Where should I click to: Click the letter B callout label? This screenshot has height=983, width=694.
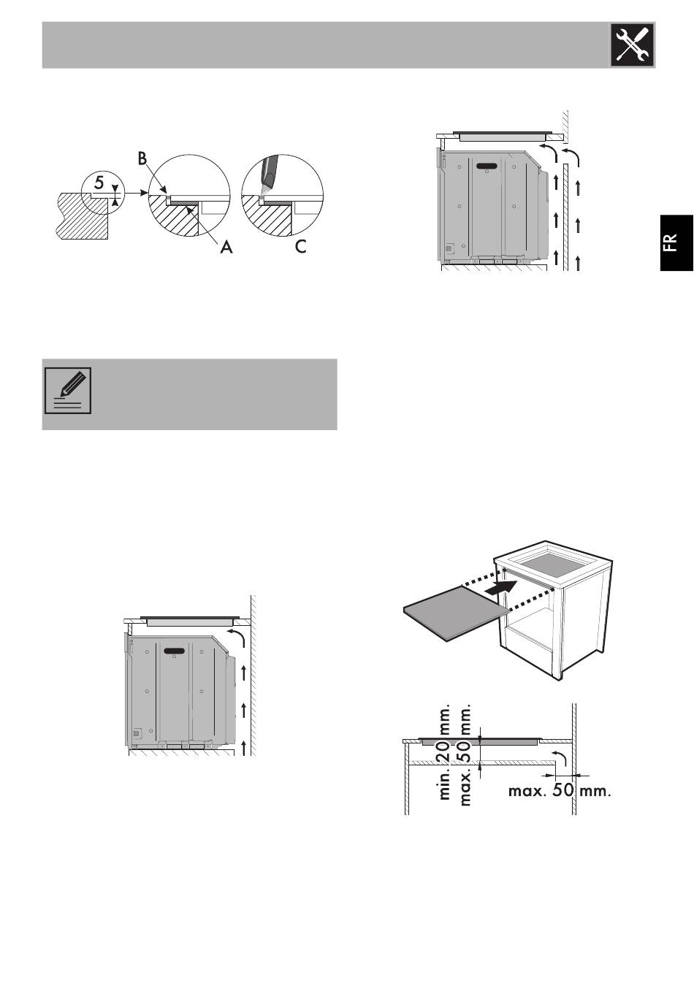142,158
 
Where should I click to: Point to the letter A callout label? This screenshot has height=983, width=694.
226,247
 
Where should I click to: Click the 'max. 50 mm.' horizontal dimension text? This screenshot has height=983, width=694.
559,791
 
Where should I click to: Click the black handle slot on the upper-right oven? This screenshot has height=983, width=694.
484,167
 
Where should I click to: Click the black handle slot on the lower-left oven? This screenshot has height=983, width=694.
174,649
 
